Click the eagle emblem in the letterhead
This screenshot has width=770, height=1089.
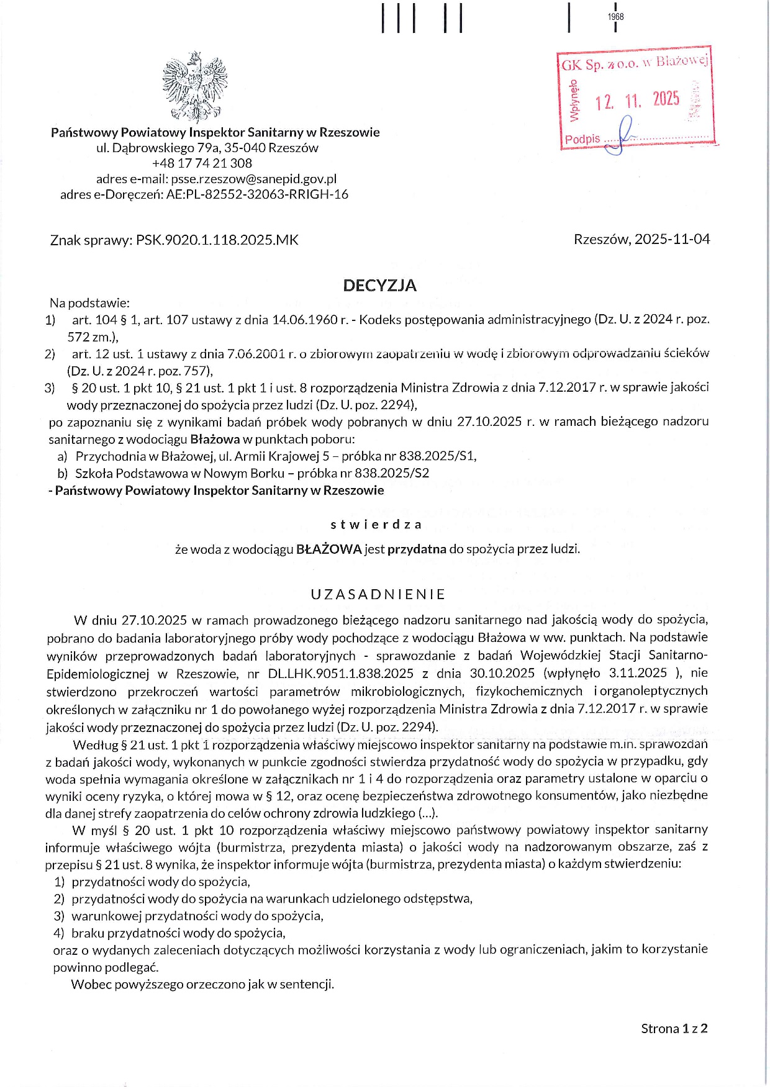[195, 87]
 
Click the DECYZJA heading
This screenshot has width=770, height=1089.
[379, 286]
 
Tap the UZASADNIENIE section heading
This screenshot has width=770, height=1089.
[378, 594]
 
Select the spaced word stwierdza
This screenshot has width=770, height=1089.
[376, 525]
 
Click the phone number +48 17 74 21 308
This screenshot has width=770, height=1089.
[202, 163]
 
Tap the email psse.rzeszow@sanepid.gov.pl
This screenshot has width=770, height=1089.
[253, 179]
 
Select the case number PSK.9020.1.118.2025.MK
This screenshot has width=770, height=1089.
[217, 240]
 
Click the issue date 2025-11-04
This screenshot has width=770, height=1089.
[672, 240]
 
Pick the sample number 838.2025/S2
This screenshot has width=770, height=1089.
[392, 473]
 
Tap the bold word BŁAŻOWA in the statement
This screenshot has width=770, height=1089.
[329, 549]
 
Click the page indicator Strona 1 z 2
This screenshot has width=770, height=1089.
[674, 1029]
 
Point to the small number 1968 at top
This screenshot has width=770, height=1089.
[615, 17]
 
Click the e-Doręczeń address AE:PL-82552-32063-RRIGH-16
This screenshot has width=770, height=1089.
[257, 194]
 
